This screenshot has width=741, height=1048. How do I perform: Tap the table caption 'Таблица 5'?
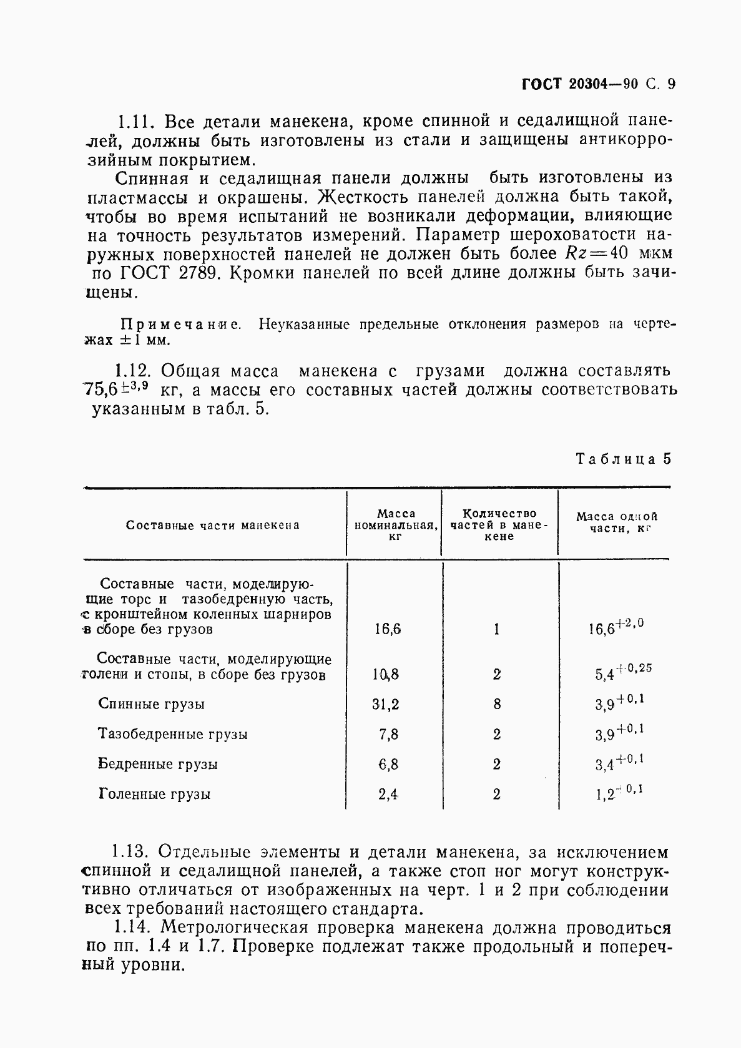623,459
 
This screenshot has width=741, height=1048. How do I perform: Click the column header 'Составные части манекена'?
213,525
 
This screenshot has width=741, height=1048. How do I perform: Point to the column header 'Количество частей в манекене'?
499,524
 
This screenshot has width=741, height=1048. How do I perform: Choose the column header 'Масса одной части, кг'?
617,522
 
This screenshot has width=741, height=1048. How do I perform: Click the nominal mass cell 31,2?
386,704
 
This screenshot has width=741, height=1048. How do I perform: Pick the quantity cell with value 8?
497,704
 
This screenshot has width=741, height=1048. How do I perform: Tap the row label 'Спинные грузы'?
152,704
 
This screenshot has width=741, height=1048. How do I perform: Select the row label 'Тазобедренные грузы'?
173,734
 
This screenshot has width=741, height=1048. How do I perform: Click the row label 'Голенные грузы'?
155,794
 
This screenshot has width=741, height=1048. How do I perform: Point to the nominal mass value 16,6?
388,629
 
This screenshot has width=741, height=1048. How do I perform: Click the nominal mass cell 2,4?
388,794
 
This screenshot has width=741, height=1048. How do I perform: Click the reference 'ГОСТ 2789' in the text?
165,273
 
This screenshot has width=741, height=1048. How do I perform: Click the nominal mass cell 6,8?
388,764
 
